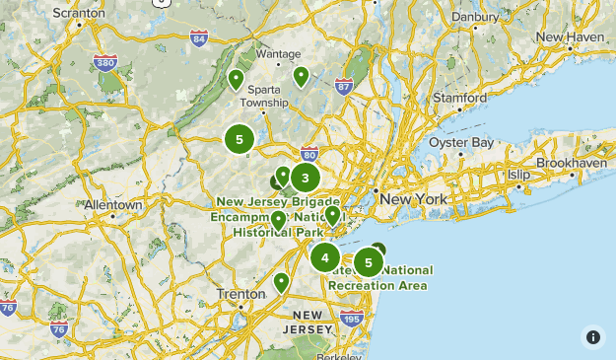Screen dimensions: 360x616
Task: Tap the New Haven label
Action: click(571, 36)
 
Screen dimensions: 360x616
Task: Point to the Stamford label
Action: click(460, 99)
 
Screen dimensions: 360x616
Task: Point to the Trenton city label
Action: click(240, 294)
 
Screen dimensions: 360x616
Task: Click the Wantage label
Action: click(278, 54)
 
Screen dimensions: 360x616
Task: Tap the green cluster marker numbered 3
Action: click(306, 178)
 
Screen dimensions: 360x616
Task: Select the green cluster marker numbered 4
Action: click(325, 257)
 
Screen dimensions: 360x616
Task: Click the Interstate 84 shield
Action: click(200, 39)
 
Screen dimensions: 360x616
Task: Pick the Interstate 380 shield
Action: click(106, 62)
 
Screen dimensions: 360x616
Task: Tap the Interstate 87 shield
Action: click(344, 86)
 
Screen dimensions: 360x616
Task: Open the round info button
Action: click(593, 337)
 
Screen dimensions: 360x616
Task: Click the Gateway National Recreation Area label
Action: click(378, 277)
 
